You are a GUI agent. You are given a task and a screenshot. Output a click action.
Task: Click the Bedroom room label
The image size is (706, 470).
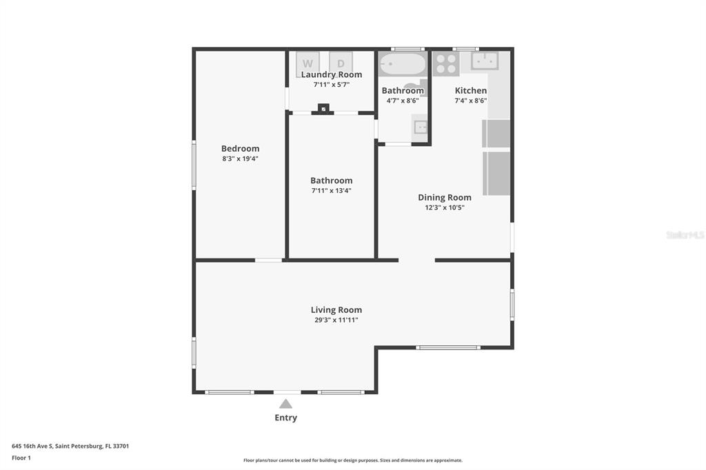(x=240, y=149)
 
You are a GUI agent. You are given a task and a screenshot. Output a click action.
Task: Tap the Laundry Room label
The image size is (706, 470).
(x=332, y=74)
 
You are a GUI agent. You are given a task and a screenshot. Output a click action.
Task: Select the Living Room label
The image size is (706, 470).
(x=336, y=309)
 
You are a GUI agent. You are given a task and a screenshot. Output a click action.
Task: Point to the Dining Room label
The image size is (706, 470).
(x=445, y=198)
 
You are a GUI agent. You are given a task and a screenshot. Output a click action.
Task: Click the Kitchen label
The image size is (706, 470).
(x=470, y=90)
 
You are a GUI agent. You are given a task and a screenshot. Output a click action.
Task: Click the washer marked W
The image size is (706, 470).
(x=308, y=63)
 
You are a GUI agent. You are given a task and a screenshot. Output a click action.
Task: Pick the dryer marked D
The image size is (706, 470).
(x=341, y=63)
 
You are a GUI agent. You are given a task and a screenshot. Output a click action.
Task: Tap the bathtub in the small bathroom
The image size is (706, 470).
(x=402, y=64)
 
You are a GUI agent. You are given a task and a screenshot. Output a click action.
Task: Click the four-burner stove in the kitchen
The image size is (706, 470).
(x=446, y=63)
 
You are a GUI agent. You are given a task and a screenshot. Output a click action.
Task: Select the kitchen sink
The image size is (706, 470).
(x=485, y=61)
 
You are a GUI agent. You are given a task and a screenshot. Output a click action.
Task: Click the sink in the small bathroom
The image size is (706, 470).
(x=420, y=127)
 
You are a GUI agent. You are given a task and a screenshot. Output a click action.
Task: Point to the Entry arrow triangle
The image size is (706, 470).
(x=285, y=403)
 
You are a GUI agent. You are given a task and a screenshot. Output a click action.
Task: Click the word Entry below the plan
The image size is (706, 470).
(x=286, y=418)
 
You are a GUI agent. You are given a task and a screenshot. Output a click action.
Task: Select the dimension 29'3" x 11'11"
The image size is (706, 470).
(x=336, y=320)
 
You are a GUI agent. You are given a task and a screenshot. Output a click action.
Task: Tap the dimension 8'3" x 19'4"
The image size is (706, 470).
(x=240, y=159)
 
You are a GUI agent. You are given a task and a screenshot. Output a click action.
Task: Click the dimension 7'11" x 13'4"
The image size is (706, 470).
(x=332, y=190)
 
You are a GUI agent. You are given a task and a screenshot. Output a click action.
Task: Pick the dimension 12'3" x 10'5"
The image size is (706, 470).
(x=445, y=207)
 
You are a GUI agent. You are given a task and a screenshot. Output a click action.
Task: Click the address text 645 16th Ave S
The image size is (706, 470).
(x=32, y=446)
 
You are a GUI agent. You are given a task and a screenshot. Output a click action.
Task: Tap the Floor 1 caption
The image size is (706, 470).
(x=21, y=458)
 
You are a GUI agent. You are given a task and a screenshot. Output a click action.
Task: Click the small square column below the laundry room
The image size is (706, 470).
(x=323, y=108)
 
